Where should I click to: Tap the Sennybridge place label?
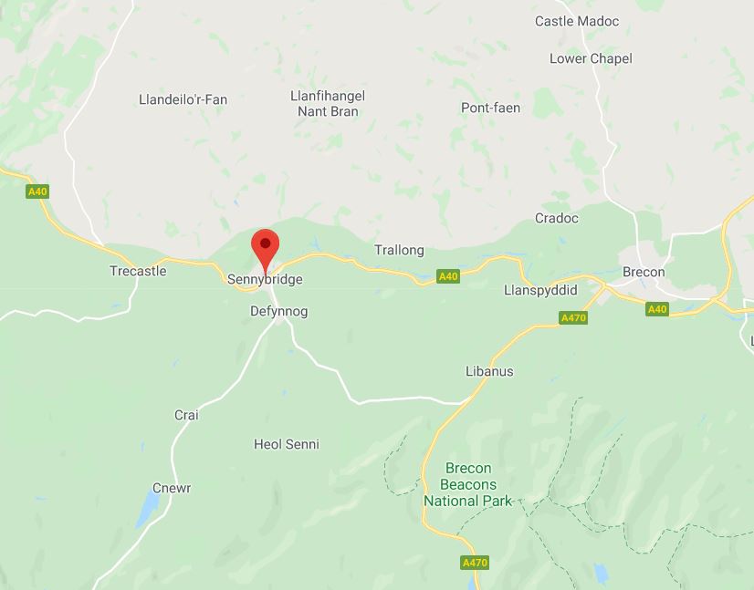(265, 280)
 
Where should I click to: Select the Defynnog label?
(279, 312)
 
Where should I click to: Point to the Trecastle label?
(138, 272)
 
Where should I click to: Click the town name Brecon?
(644, 273)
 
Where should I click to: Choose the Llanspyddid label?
(540, 290)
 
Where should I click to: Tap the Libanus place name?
(489, 372)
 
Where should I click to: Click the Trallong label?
(399, 250)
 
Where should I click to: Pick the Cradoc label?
(557, 219)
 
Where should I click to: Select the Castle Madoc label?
(577, 21)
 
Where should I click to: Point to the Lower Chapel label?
(591, 58)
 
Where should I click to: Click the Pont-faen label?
(490, 108)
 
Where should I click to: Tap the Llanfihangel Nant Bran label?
(328, 104)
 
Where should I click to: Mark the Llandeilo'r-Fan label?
(183, 99)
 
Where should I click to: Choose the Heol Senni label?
(287, 445)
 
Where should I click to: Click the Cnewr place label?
(172, 489)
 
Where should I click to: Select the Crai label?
(186, 416)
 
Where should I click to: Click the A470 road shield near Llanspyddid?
(573, 318)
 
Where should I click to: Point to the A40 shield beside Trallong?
(447, 276)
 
